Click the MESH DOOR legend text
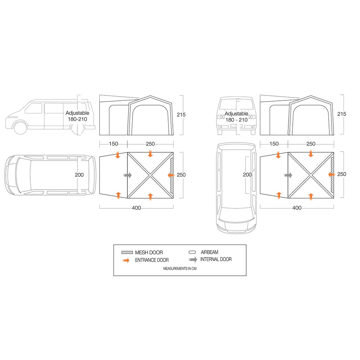[149, 253]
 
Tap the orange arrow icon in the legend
[126, 260]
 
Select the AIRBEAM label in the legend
[210, 252]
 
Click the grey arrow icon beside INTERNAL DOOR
[193, 260]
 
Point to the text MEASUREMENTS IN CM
[180, 269]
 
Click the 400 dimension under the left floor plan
[136, 208]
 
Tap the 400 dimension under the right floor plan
[297, 208]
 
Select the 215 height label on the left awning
[181, 114]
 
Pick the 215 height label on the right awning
[342, 114]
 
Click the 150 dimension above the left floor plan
[113, 144]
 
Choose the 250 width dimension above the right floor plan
[311, 144]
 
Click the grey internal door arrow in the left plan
[127, 175]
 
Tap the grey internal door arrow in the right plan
[288, 175]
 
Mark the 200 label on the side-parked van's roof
[79, 175]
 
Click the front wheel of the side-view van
[20, 128]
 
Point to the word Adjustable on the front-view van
[236, 114]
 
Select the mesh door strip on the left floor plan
[172, 175]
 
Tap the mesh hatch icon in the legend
[127, 253]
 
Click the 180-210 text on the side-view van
[77, 119]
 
